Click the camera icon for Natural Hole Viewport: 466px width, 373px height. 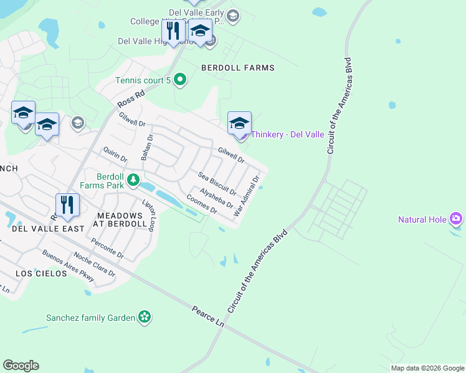[456, 219]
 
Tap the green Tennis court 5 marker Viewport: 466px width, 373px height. [180, 80]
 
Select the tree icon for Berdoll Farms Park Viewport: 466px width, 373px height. [133, 180]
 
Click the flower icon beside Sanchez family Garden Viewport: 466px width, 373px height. [145, 317]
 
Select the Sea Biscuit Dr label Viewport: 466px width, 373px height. [217, 183]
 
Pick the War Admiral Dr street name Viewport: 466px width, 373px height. [246, 196]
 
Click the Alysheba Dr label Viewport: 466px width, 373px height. [216, 198]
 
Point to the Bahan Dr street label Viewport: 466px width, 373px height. [146, 147]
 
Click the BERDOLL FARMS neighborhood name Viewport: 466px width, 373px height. [237, 67]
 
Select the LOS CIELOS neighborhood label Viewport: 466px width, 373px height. [41, 274]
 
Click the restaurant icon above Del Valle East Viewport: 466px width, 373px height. [67, 205]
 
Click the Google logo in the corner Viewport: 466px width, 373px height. [21, 366]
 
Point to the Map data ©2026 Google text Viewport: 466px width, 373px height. [427, 368]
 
